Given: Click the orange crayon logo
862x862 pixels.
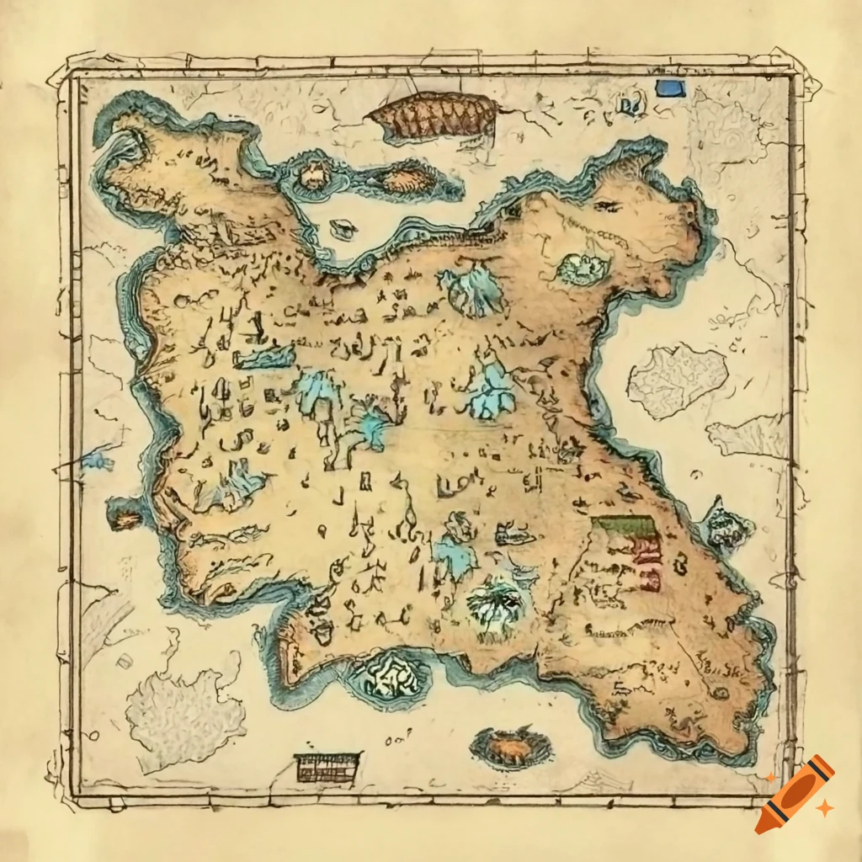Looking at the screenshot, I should click(794, 794).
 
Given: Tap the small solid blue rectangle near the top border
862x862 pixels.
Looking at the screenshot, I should click(671, 88).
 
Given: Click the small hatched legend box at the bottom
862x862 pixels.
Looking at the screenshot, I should click(327, 767).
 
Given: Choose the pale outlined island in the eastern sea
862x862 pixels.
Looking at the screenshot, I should click(676, 380).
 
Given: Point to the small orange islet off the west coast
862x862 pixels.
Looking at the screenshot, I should click(125, 517).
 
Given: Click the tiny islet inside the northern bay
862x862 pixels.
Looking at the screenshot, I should click(343, 228).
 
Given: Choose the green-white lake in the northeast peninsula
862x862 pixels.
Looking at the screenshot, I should click(582, 269).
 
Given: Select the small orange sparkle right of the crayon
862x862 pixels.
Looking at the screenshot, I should click(826, 808).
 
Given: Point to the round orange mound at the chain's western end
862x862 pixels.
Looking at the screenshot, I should click(314, 175).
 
